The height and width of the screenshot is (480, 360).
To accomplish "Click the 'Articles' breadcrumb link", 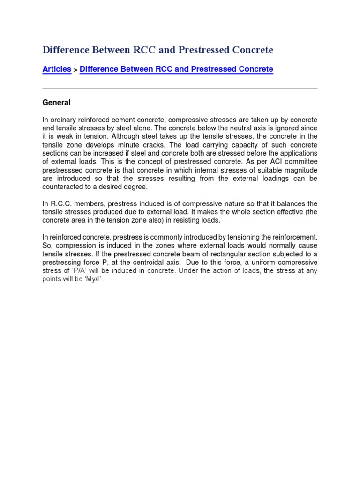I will pyautogui.click(x=57, y=69).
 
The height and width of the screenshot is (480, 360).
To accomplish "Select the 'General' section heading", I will pyautogui.click(x=56, y=103).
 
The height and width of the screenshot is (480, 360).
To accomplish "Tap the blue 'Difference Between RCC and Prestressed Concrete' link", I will pyautogui.click(x=176, y=69).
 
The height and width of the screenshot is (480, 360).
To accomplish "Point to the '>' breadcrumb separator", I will pyautogui.click(x=75, y=70).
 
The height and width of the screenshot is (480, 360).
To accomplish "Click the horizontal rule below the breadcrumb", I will pyautogui.click(x=180, y=88).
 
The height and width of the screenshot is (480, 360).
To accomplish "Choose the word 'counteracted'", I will pyautogui.click(x=64, y=187).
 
